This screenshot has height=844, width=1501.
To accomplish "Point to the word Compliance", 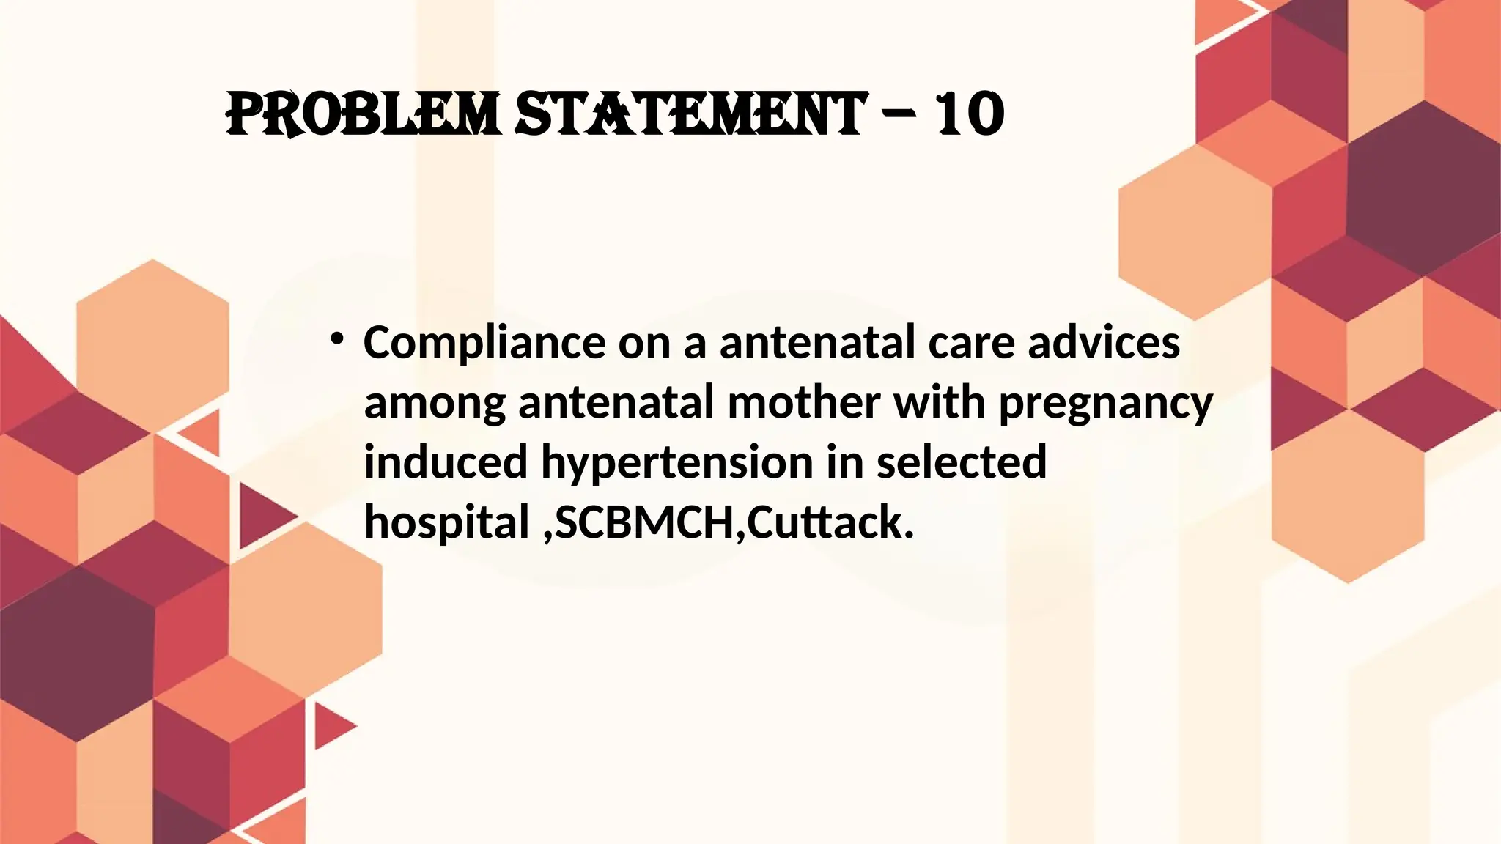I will (484, 343).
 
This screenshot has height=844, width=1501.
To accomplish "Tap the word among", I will (435, 403).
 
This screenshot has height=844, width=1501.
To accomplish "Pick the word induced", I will (446, 462).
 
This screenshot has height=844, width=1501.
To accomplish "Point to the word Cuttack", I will (830, 522).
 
